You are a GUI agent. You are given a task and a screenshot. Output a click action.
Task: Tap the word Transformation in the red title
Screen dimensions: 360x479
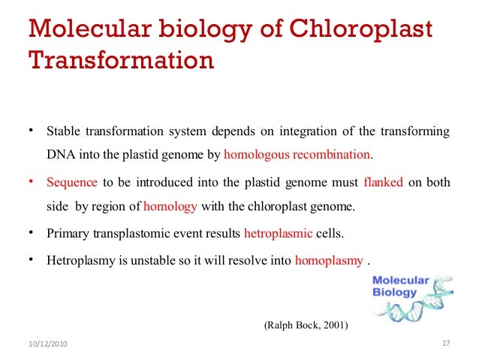tap(121, 58)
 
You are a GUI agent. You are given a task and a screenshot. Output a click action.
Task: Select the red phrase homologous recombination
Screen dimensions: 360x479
tap(297, 155)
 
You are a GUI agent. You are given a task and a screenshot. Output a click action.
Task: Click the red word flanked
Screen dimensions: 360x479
tap(384, 181)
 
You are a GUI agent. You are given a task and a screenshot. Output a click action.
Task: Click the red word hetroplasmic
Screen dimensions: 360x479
tap(278, 233)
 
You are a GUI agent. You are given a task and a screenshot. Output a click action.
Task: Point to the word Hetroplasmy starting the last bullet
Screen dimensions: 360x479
tap(79, 261)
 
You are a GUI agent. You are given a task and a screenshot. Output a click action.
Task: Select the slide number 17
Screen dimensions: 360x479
tap(445, 343)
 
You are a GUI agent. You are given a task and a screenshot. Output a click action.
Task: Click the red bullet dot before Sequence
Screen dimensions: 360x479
tap(32, 181)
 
